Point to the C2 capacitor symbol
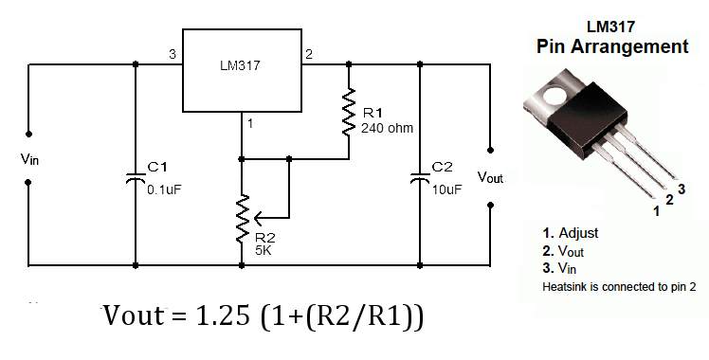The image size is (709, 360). click(419, 177)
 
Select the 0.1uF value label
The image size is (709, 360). click(164, 189)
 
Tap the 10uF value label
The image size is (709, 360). click(446, 189)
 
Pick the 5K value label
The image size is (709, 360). click(264, 252)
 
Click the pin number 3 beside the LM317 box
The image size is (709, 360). click(173, 54)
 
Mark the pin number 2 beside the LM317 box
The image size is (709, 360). click(308, 54)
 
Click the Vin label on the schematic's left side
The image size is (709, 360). click(30, 159)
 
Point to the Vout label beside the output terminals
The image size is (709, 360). click(491, 177)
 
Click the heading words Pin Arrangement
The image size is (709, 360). click(611, 45)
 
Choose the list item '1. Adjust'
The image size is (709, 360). click(570, 232)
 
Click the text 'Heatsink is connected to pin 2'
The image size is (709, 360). click(619, 285)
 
